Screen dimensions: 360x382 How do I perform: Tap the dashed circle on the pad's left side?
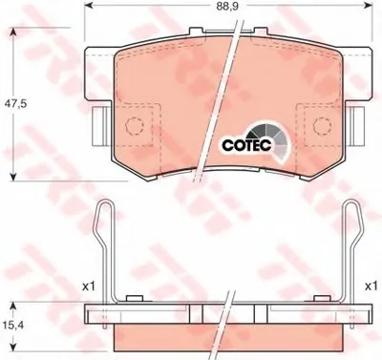click(135, 125)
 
